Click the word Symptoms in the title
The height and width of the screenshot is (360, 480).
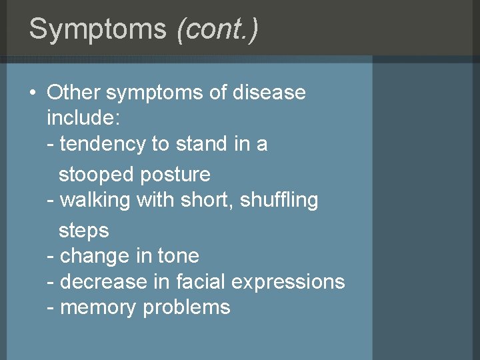98,29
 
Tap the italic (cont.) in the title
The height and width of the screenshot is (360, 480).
217,29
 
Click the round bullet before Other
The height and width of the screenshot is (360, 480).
33,93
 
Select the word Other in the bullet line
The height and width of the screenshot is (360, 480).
73,93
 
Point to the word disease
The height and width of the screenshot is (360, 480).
269,93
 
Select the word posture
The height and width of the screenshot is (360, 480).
175,175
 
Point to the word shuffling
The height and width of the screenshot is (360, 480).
279,200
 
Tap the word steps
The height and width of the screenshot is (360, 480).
83,231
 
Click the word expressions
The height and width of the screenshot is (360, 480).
288,282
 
